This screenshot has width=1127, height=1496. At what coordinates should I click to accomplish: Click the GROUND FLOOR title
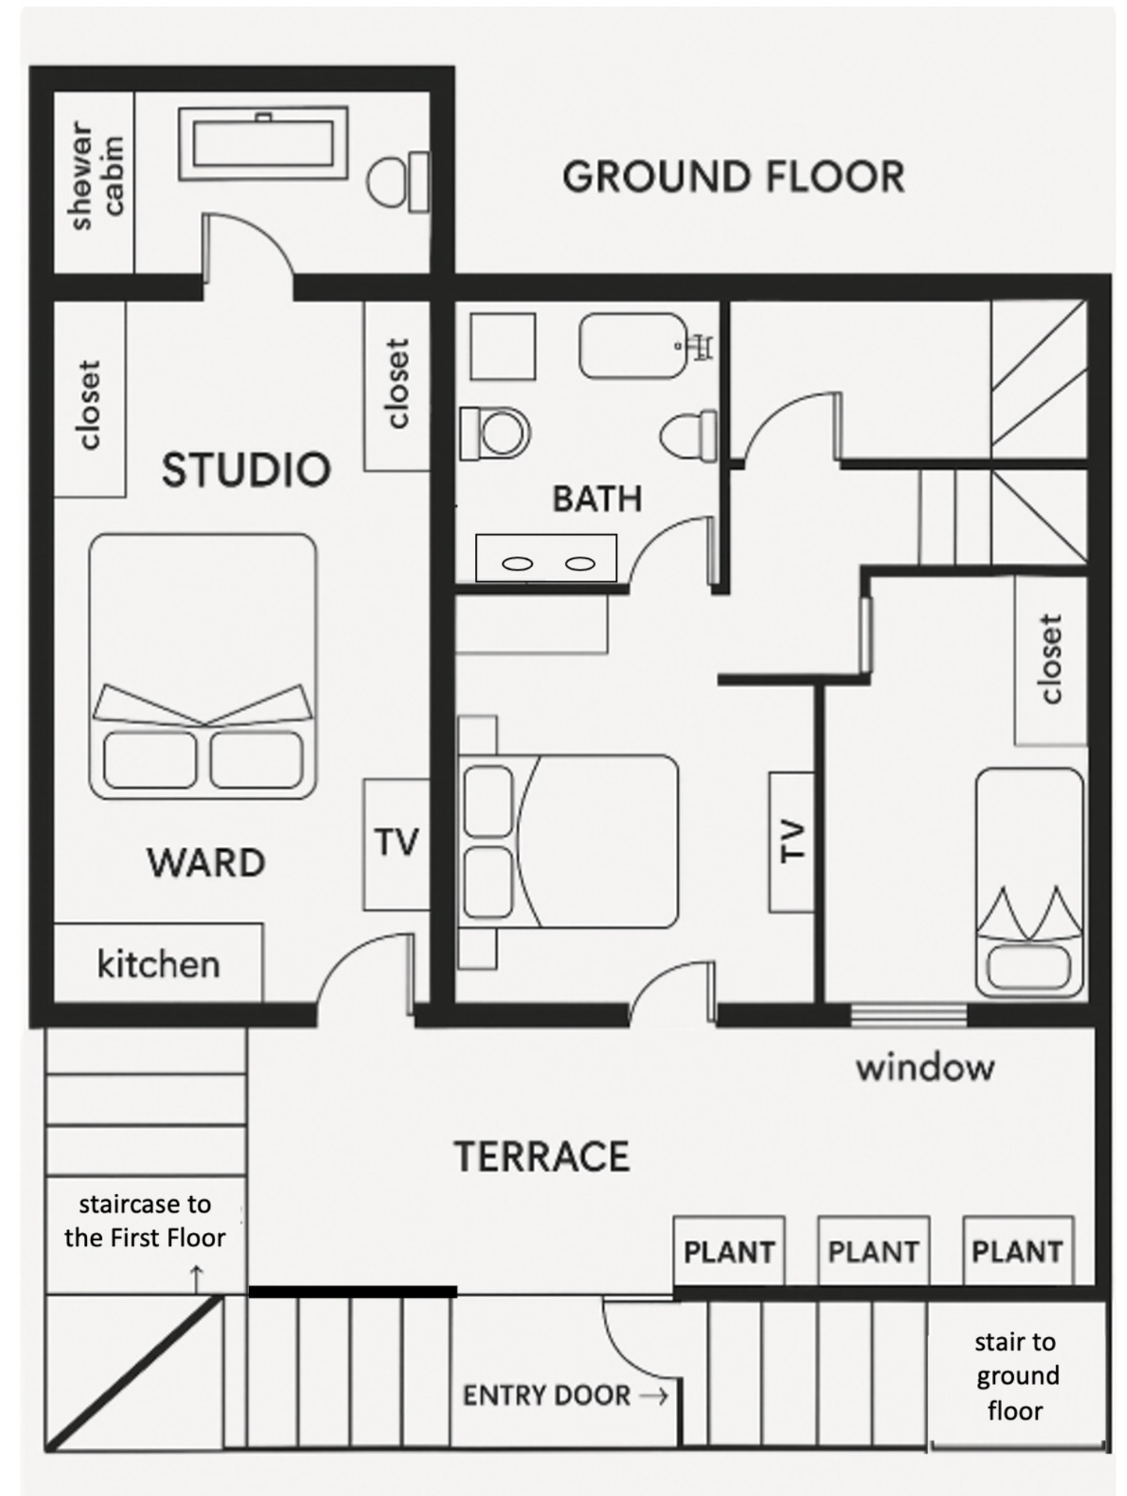point(733,177)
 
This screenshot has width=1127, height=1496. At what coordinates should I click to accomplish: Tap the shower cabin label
point(96,176)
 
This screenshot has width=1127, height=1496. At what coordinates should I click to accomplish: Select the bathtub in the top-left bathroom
point(263,143)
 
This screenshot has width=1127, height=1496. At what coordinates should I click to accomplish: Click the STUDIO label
point(246,469)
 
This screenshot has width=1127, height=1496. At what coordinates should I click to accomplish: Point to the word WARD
point(206,862)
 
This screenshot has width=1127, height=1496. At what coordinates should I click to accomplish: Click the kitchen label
point(158,964)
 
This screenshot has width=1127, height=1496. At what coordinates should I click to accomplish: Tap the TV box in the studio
point(397,844)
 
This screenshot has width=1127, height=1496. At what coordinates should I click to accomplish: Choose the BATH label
point(598,499)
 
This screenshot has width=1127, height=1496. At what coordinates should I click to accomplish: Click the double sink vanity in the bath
point(546,558)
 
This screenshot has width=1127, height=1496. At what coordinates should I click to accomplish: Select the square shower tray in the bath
point(502,346)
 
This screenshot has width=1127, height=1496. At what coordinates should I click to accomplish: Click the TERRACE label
point(542,1156)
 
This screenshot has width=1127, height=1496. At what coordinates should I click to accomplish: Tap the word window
point(925,1068)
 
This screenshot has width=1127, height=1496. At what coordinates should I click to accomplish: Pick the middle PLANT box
point(874,1251)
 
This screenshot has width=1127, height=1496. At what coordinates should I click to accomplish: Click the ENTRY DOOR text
point(547,1396)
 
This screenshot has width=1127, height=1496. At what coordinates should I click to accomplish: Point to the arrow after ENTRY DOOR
point(653,1397)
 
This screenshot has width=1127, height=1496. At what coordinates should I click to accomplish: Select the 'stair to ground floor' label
point(1016,1376)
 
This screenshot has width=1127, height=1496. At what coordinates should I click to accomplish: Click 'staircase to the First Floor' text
point(145,1220)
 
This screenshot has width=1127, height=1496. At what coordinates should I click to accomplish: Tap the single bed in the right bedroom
point(1030,883)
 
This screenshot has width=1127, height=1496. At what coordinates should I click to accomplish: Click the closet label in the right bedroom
point(1050,659)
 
